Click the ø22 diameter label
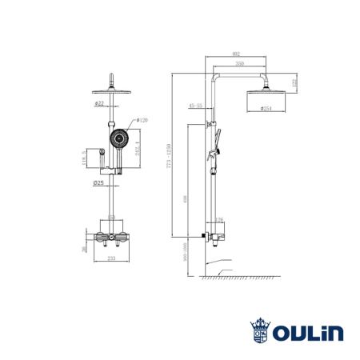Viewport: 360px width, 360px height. coord(99,103)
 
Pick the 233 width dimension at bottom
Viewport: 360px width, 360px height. coord(112,259)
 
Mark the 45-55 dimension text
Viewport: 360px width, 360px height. coord(195,105)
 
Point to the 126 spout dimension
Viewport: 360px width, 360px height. coord(218,220)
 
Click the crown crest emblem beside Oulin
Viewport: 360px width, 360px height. coord(262,330)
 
